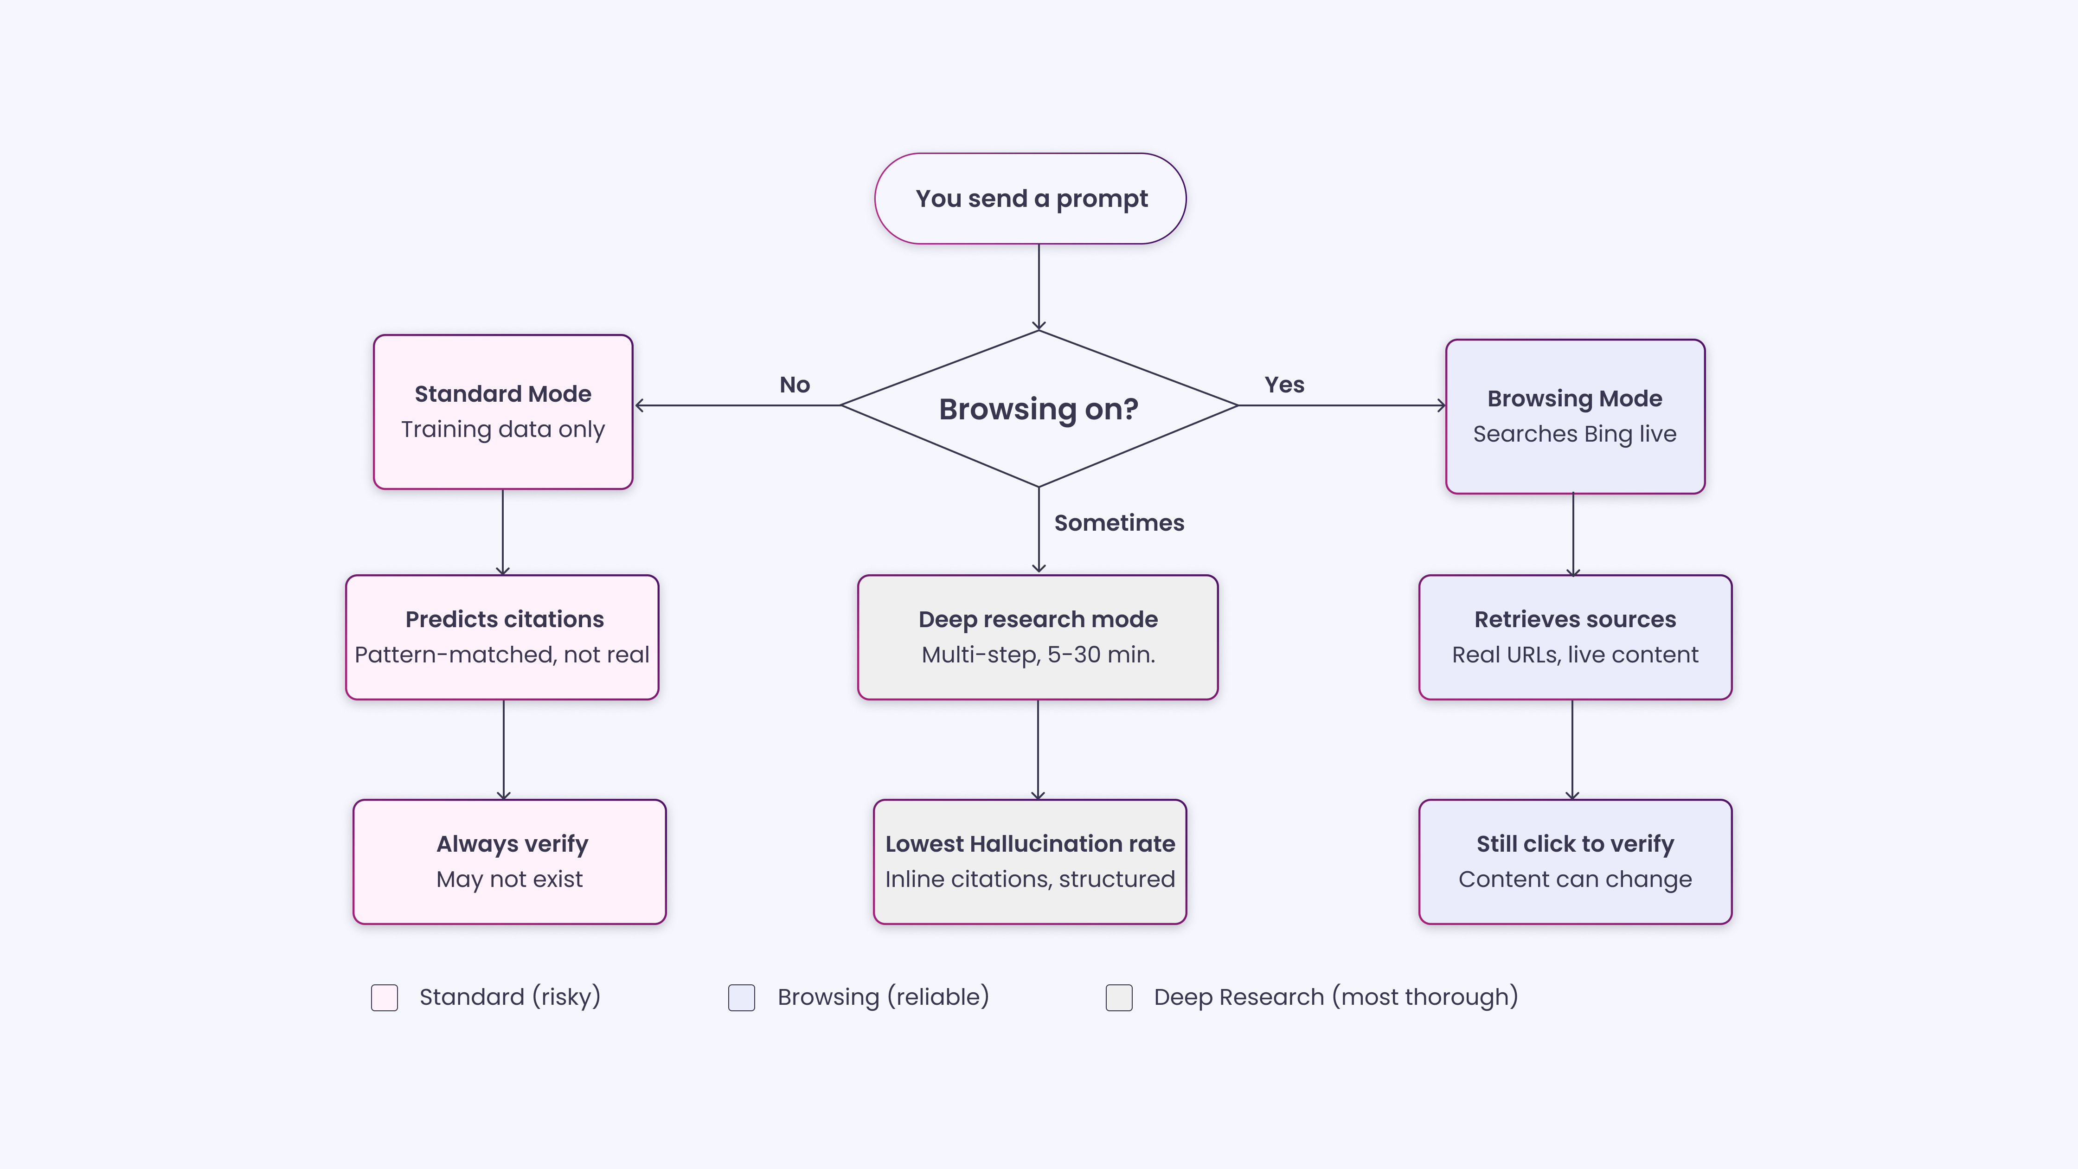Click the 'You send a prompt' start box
[1030, 199]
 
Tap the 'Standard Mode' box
[502, 411]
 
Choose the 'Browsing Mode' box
[1575, 416]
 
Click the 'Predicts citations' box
[502, 636]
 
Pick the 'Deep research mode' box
[1038, 636]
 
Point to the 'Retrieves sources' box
[1575, 636]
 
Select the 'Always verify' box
[509, 861]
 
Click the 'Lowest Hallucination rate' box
[1029, 861]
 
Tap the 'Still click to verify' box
[1575, 861]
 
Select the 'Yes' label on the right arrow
[1284, 385]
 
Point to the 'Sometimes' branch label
[1119, 523]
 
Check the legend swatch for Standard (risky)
[384, 997]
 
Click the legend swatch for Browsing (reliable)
[741, 997]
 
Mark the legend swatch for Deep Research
[1119, 997]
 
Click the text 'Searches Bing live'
[1575, 434]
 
